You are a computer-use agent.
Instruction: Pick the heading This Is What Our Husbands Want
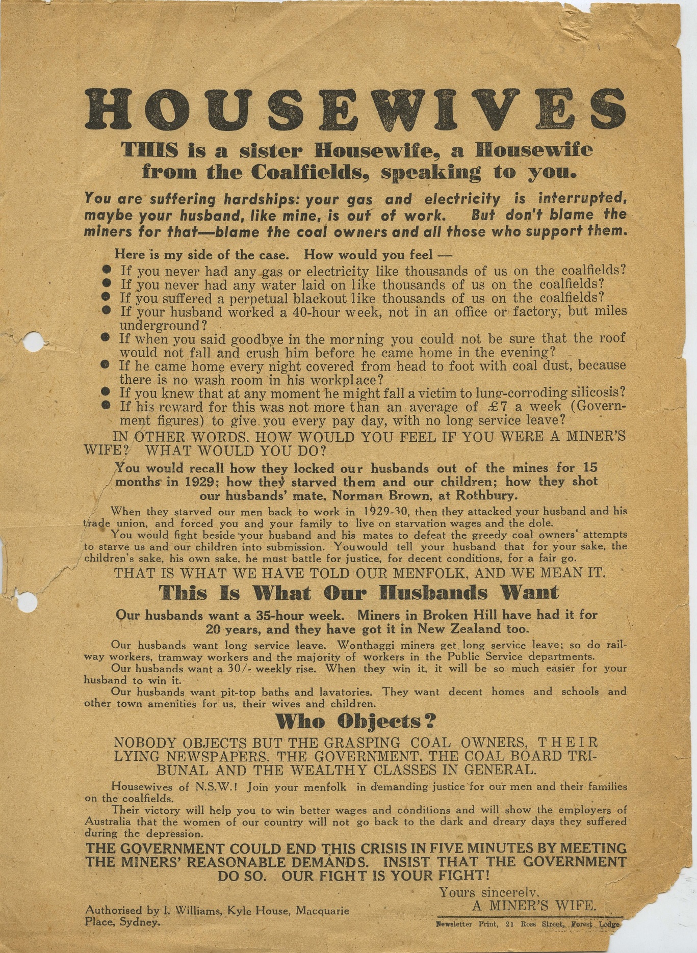point(358,593)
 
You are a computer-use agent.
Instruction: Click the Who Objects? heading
point(356,721)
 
